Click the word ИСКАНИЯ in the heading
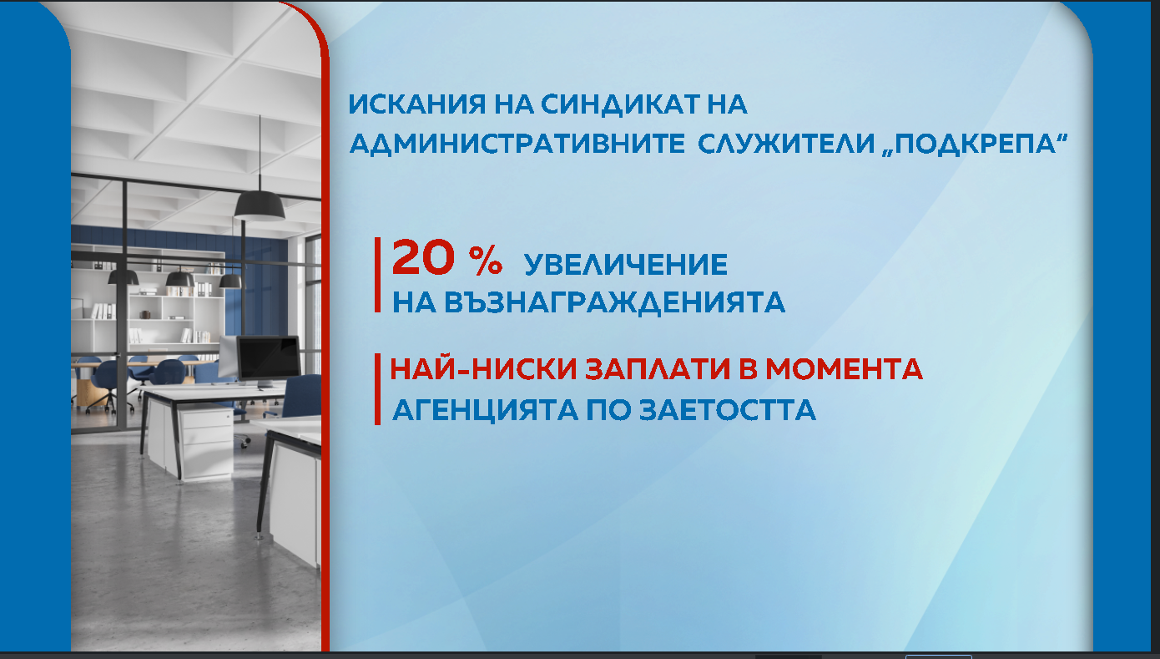pyautogui.click(x=410, y=105)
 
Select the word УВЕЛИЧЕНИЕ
pyautogui.click(x=626, y=266)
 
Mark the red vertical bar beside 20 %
pyautogui.click(x=377, y=275)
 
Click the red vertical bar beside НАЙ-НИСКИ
pyautogui.click(x=377, y=389)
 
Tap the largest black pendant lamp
pyautogui.click(x=260, y=204)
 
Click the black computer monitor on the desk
pyautogui.click(x=268, y=357)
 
